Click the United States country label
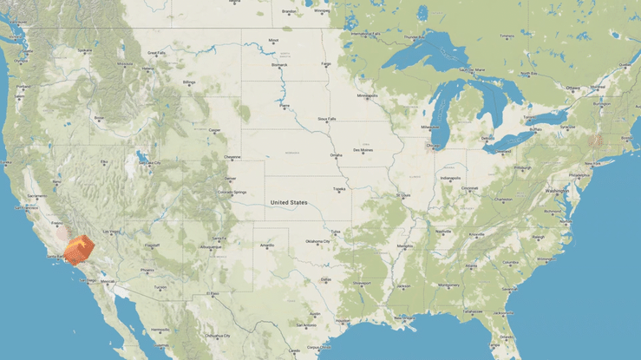[x=289, y=202]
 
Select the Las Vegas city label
[x=111, y=232]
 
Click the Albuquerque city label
[x=211, y=246]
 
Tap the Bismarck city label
[x=279, y=64]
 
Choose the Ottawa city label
[x=572, y=88]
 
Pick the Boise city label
[x=98, y=117]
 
